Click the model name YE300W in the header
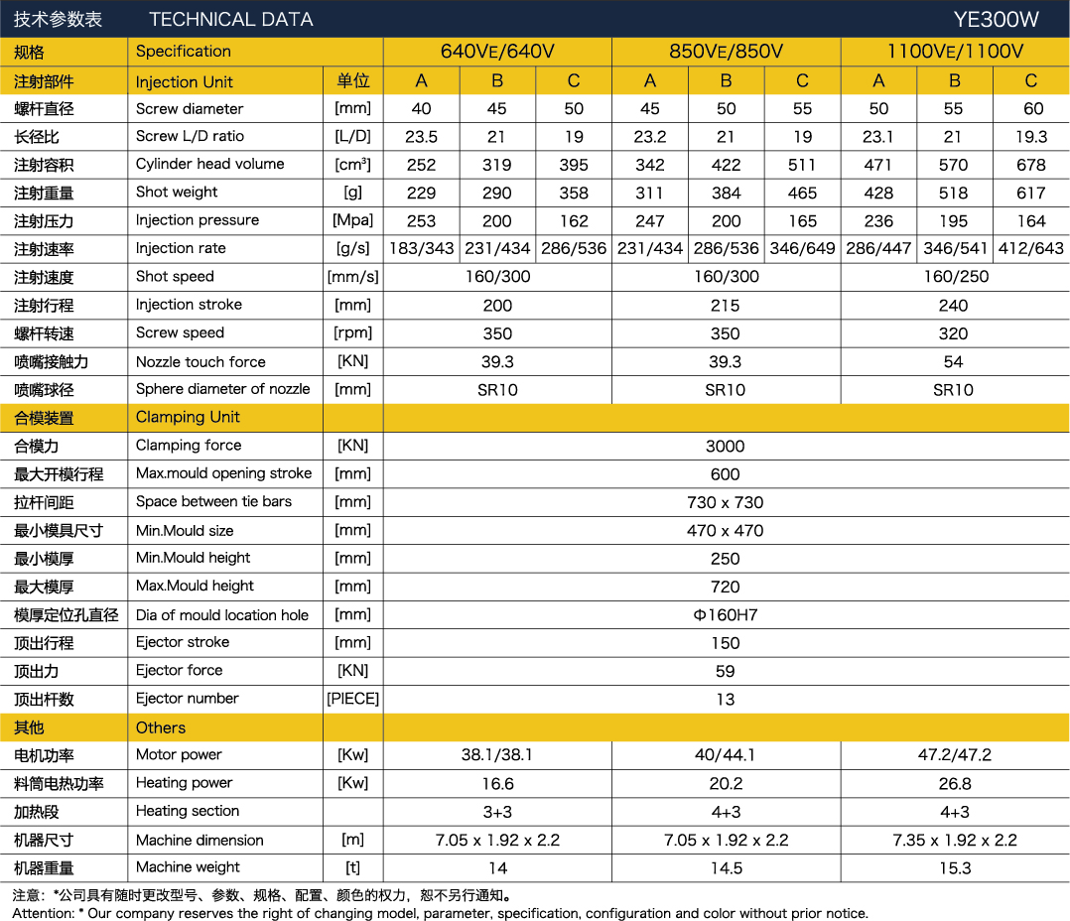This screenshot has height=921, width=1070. (x=996, y=19)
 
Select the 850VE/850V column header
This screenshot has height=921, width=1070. (x=726, y=52)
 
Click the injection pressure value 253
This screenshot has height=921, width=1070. (x=422, y=221)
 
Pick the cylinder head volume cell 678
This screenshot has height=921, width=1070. (x=1031, y=165)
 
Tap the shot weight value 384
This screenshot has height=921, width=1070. (x=726, y=194)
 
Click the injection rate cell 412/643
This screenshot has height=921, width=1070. (x=1031, y=249)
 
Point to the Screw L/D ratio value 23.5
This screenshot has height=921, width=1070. (x=422, y=137)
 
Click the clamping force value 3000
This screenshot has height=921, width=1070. (x=726, y=447)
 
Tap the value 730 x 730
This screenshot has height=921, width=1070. (x=726, y=503)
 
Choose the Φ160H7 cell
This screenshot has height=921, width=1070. (x=726, y=615)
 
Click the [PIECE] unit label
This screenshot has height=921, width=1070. (x=352, y=699)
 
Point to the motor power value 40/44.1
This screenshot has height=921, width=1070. (x=726, y=755)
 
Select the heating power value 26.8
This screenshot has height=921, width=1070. (x=954, y=784)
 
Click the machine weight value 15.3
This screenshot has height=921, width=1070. (x=954, y=868)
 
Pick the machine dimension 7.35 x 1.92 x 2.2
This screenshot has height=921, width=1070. (x=954, y=841)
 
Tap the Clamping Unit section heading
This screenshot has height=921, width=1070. (x=188, y=418)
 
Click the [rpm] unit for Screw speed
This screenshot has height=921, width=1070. (x=352, y=333)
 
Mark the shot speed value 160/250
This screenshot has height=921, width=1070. (x=954, y=277)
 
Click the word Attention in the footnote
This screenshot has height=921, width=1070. (x=42, y=913)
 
